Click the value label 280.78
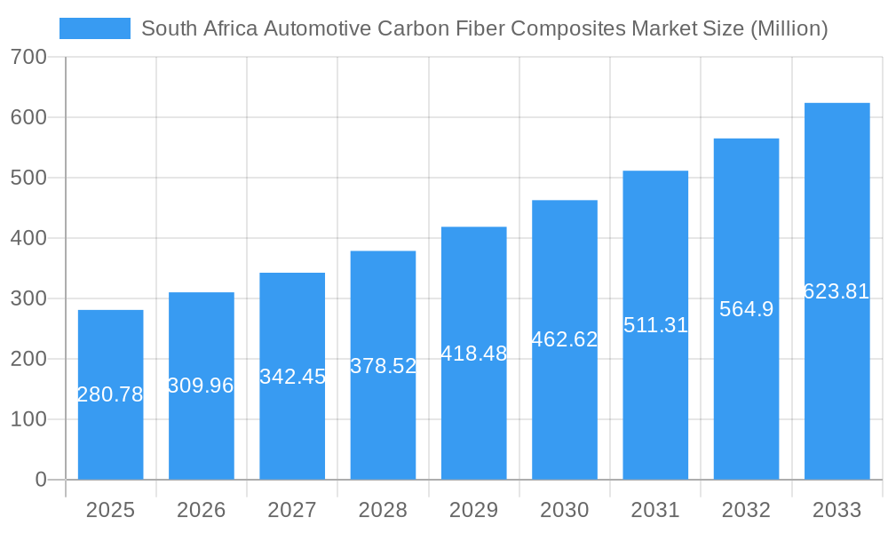coord(110,394)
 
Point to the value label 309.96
coord(202,386)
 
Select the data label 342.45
coord(292,376)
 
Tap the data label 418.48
coord(474,353)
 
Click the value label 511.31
coord(655,325)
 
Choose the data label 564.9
coord(746,309)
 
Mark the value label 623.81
coord(836,291)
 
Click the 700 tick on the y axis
coord(29,58)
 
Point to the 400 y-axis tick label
coord(29,238)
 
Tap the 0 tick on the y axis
coord(41,480)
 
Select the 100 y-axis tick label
coord(29,419)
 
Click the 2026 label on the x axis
coord(202,510)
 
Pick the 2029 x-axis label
coord(474,510)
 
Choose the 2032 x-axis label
coord(746,510)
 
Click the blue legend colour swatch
coord(95,28)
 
